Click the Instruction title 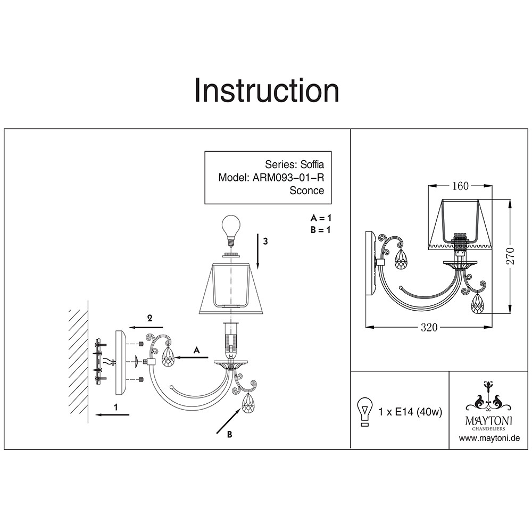(x=267, y=90)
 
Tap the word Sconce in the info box (x=306, y=190)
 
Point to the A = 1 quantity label (x=321, y=218)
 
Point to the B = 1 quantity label (x=321, y=230)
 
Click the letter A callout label (x=196, y=350)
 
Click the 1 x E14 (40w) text (x=410, y=412)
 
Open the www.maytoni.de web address (x=489, y=438)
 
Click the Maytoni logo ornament (x=489, y=396)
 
